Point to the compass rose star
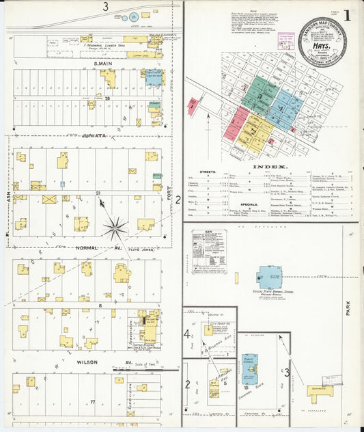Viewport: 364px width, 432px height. pos(115,229)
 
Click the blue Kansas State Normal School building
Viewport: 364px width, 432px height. pos(268,277)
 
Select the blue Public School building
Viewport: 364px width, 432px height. pos(249,367)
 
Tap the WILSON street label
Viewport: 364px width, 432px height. pos(88,362)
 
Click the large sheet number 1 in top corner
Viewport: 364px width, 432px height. pos(348,15)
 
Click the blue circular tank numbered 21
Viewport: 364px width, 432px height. pos(134,16)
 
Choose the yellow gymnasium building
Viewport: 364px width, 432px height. pos(320,392)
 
